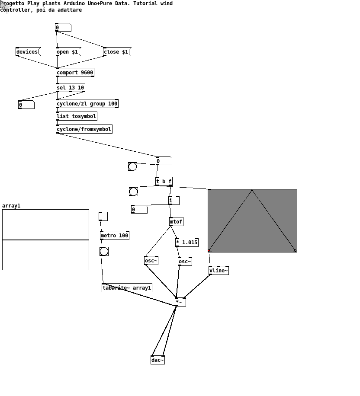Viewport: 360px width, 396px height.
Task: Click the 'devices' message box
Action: pyautogui.click(x=28, y=52)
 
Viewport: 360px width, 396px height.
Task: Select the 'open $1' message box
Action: pyautogui.click(x=68, y=52)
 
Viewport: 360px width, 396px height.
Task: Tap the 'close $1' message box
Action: pyautogui.click(x=117, y=52)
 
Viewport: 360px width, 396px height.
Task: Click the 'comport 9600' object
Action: pyautogui.click(x=75, y=73)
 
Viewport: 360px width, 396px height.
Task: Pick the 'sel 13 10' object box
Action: pyautogui.click(x=70, y=88)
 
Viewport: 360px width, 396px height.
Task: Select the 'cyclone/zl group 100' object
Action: pyautogui.click(x=87, y=104)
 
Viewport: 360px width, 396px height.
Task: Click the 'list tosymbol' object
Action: pyautogui.click(x=76, y=116)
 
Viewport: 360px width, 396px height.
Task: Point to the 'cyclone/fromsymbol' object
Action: pyautogui.click(x=84, y=129)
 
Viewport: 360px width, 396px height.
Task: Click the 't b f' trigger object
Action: pyautogui.click(x=164, y=181)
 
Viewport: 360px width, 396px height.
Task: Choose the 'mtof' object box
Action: pyautogui.click(x=176, y=222)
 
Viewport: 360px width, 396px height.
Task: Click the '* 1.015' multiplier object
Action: pyautogui.click(x=187, y=243)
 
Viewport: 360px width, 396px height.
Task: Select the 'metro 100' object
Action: pyautogui.click(x=115, y=235)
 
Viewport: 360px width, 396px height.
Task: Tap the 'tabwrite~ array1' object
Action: pyautogui.click(x=127, y=287)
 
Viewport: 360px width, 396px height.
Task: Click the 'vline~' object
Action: pyautogui.click(x=219, y=271)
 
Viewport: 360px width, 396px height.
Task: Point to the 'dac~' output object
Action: pyautogui.click(x=157, y=360)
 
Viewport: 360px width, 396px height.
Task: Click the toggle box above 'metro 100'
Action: pyautogui.click(x=103, y=217)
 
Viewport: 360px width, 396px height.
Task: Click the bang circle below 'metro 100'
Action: pyautogui.click(x=104, y=251)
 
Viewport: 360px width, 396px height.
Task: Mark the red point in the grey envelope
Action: pyautogui.click(x=209, y=251)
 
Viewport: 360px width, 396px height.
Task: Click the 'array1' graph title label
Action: pyautogui.click(x=11, y=206)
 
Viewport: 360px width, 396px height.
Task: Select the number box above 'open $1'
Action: pyautogui.click(x=63, y=27)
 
